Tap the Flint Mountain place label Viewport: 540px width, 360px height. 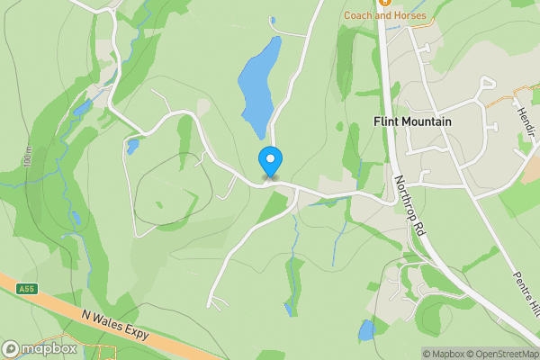(412, 121)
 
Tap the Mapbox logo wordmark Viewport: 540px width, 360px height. (41, 349)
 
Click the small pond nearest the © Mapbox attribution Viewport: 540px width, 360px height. (366, 330)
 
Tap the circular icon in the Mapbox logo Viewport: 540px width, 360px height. (11, 349)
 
